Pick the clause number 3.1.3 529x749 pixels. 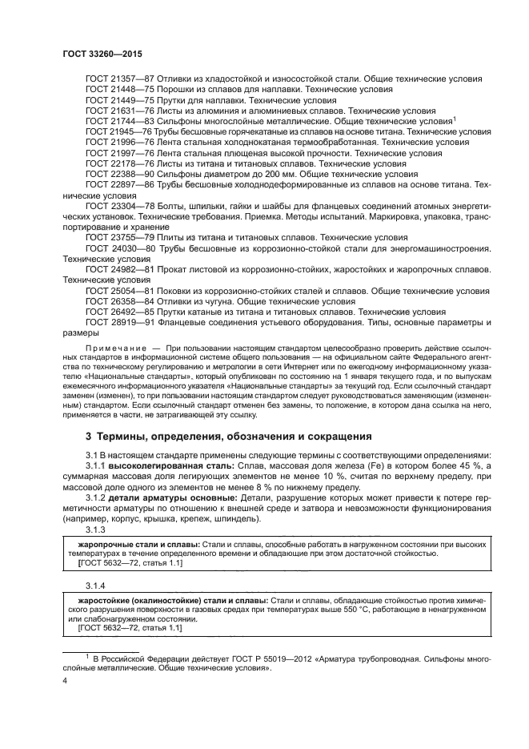coord(97,530)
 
